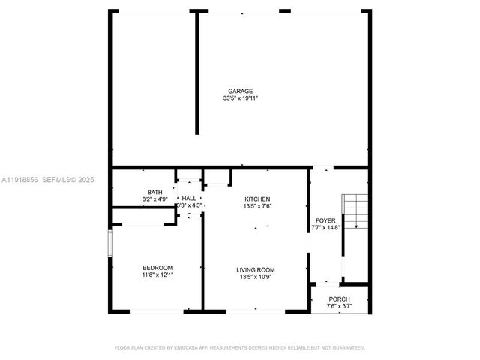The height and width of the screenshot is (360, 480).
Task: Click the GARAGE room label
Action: coord(240,91)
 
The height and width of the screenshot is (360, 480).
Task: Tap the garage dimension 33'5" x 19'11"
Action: coord(240,98)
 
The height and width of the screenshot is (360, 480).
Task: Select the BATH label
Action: coord(154,192)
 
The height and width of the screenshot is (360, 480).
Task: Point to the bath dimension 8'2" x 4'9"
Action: coord(154,199)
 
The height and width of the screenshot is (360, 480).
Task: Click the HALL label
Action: coord(189,198)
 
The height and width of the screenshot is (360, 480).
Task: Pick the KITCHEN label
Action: coord(257,199)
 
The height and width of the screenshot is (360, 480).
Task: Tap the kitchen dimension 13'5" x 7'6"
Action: coord(257,205)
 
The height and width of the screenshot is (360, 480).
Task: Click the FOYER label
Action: coord(325,220)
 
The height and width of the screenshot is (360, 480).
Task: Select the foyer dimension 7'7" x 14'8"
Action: coord(325,227)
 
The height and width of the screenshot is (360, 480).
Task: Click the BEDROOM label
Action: coord(157,268)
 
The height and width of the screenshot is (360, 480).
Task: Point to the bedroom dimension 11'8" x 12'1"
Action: coord(157,274)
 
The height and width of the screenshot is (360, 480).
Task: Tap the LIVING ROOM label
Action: coord(256,270)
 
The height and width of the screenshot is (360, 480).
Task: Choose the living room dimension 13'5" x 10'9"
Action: coord(256,277)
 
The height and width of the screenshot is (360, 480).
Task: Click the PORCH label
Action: coord(340,299)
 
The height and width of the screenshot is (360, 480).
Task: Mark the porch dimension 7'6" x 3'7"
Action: coord(340,306)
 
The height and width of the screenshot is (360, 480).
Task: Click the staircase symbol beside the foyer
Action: coord(355,211)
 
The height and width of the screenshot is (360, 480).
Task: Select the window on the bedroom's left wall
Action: coord(110,244)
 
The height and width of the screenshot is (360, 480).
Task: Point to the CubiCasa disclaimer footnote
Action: coord(240,347)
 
